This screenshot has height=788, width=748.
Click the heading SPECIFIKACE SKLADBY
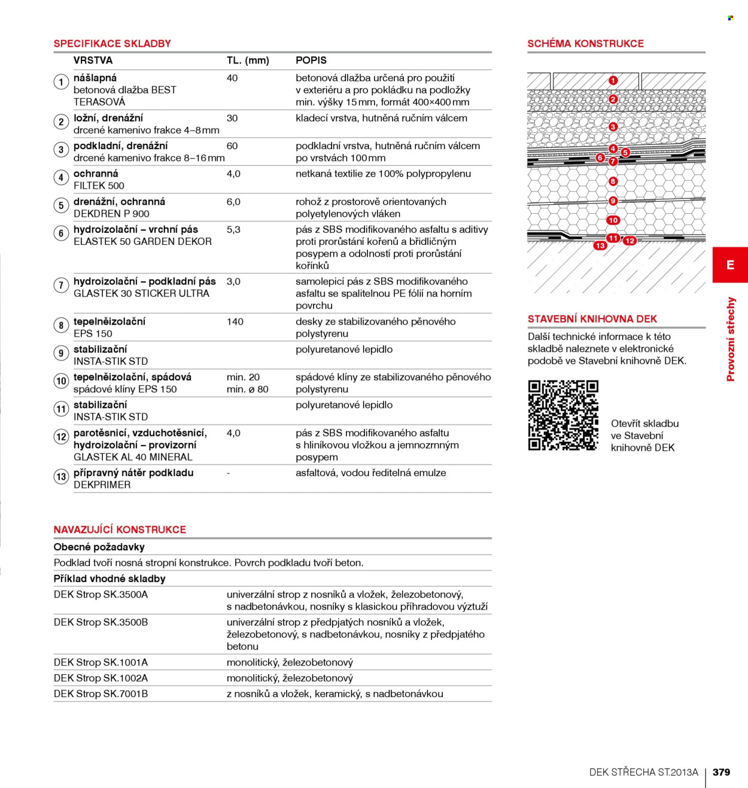point(112,44)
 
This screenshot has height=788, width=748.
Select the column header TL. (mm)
point(248,60)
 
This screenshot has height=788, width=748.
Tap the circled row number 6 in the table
point(61,234)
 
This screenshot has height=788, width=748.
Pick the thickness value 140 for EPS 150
point(235,322)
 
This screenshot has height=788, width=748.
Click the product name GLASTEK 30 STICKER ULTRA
point(141,293)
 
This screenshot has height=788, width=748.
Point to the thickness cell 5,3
point(233,230)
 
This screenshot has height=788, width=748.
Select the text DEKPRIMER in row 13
point(102,485)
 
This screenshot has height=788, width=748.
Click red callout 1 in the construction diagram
point(613,81)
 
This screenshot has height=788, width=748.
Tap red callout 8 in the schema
point(613,181)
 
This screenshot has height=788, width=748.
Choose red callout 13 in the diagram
point(600,246)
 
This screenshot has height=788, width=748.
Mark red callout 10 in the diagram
point(613,220)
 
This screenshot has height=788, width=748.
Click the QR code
point(563,415)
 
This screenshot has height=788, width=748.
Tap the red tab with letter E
point(730,265)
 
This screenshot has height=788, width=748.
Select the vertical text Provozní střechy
point(731,339)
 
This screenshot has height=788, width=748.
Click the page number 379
point(722,772)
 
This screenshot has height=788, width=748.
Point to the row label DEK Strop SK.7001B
point(101,694)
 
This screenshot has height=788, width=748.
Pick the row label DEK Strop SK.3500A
point(101,595)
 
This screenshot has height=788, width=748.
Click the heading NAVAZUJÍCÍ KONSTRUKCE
point(120,529)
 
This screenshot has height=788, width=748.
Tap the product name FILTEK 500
point(99,186)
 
